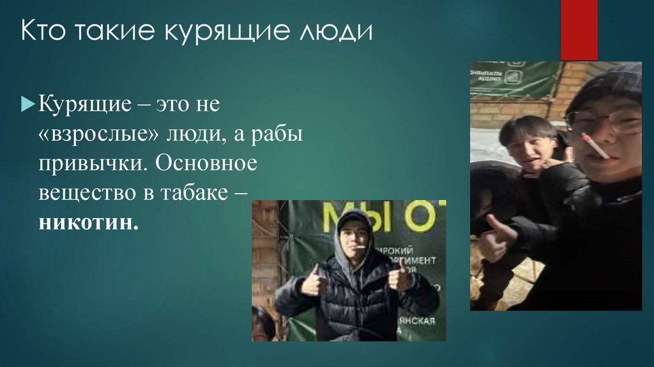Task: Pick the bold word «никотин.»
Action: tap(88, 224)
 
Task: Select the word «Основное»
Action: tap(207, 164)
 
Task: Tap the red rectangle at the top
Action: tap(579, 29)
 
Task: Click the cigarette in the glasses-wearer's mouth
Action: tap(595, 145)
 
